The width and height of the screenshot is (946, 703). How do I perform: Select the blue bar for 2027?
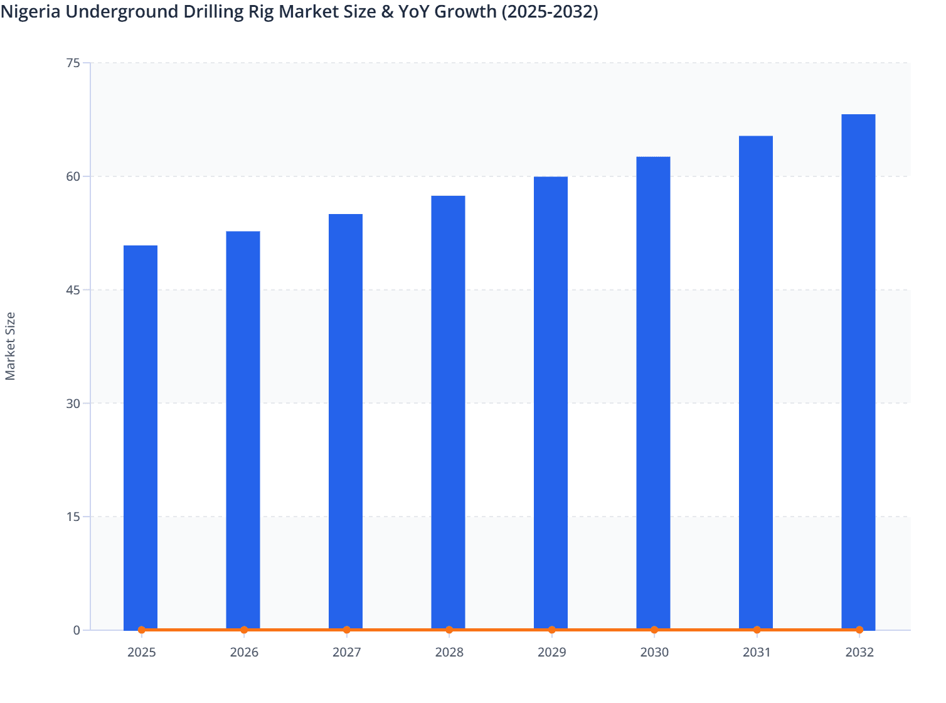346,421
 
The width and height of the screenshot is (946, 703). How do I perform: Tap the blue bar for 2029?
551,402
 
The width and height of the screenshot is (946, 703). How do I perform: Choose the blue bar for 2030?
653,392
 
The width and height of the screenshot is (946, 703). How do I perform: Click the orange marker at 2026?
244,630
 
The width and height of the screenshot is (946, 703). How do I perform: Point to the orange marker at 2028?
449,630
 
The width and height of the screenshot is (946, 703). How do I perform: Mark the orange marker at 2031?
757,630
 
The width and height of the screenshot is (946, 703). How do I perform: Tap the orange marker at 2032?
859,630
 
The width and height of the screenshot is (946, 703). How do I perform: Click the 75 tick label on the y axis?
73,63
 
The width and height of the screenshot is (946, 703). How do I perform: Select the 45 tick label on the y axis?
73,290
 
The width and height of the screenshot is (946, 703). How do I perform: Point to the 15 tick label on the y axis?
73,517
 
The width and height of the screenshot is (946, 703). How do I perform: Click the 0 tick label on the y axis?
77,630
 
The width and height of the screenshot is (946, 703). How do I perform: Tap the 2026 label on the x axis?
244,652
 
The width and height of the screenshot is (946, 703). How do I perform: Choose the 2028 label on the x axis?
449,652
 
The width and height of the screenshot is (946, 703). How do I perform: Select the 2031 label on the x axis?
757,652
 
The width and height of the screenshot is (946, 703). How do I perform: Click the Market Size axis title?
10,346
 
